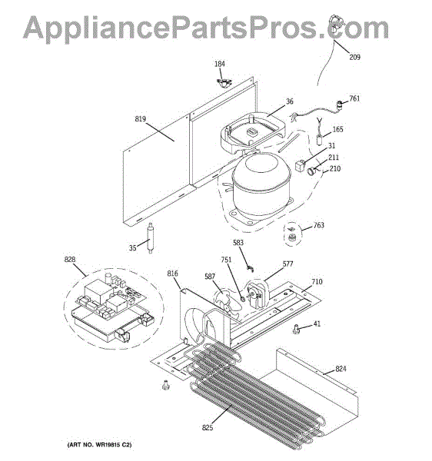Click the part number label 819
140,119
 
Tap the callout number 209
354,57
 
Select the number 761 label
354,98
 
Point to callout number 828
70,260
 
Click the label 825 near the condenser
208,427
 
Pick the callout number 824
341,369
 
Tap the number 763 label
319,225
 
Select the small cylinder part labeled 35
150,237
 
